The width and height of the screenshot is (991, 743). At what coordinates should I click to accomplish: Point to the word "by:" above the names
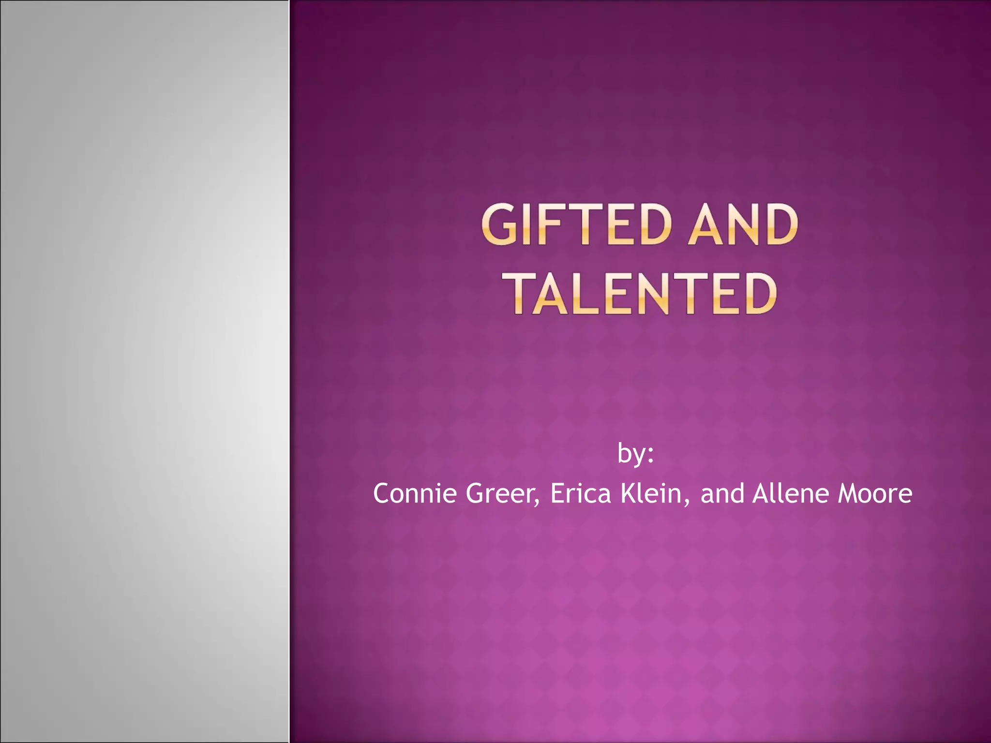(x=635, y=454)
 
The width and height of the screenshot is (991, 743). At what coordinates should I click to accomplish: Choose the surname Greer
(x=500, y=493)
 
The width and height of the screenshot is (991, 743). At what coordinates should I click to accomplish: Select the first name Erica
(x=580, y=493)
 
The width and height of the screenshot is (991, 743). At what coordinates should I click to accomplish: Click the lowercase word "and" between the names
(x=722, y=493)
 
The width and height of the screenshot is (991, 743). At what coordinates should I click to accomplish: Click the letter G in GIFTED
(x=498, y=224)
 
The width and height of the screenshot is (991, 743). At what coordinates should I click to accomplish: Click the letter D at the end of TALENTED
(x=759, y=293)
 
